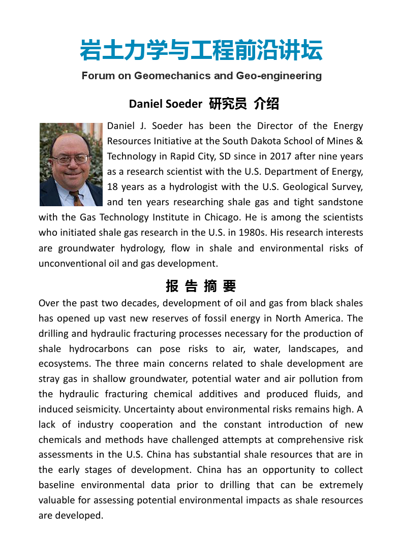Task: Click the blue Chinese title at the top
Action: point(201,51)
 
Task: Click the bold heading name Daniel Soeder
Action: point(165,104)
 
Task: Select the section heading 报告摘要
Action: point(201,286)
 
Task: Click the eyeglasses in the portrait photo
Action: point(71,159)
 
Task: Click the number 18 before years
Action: point(112,187)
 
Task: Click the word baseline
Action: point(56,485)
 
